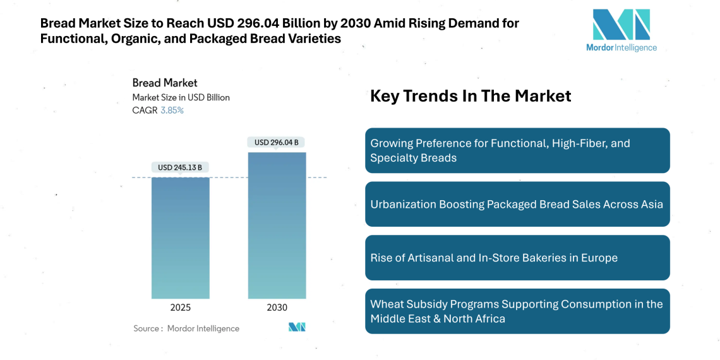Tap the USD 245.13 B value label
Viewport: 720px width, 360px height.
tap(180, 167)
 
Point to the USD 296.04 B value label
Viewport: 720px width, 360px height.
tap(277, 142)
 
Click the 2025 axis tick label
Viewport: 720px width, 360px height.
tap(180, 308)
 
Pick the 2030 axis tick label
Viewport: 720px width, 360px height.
tap(277, 308)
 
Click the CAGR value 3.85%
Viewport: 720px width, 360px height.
tap(172, 111)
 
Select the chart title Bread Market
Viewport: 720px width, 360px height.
tap(164, 83)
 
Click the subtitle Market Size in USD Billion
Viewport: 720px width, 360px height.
tap(181, 97)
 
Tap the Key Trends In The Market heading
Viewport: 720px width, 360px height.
tap(471, 96)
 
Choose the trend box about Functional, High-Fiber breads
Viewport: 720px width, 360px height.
tap(517, 150)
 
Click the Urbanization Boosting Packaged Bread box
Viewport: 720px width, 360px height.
tap(517, 204)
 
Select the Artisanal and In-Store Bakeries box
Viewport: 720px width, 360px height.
tap(517, 258)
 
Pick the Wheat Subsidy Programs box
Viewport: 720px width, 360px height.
tap(517, 311)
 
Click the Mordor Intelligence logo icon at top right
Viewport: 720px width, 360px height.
tap(621, 25)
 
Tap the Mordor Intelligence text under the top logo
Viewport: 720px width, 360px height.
tap(621, 48)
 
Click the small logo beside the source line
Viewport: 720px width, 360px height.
tap(297, 327)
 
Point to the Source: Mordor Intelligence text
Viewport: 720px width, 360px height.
tap(186, 328)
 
